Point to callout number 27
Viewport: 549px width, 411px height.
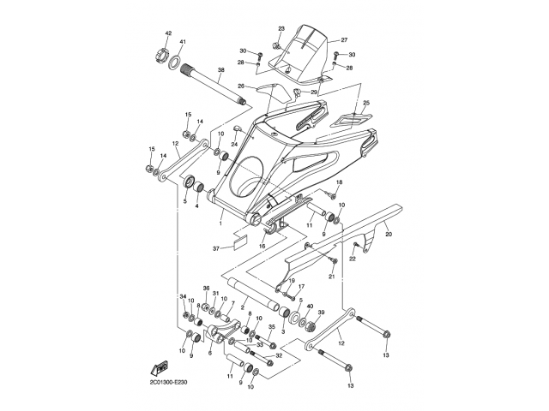[x=343, y=40]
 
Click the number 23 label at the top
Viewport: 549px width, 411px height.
[x=281, y=29]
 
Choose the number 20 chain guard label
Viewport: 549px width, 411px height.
[x=388, y=234]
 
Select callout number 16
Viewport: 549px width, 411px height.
[x=262, y=245]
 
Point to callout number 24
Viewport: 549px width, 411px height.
[x=233, y=145]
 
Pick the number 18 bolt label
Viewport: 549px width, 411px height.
[x=339, y=183]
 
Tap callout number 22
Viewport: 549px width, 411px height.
[x=352, y=259]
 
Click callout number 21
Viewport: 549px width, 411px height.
[x=331, y=276]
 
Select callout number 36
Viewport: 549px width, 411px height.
[x=206, y=289]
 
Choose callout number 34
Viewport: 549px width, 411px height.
[x=183, y=296]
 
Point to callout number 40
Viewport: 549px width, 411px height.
[x=310, y=307]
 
